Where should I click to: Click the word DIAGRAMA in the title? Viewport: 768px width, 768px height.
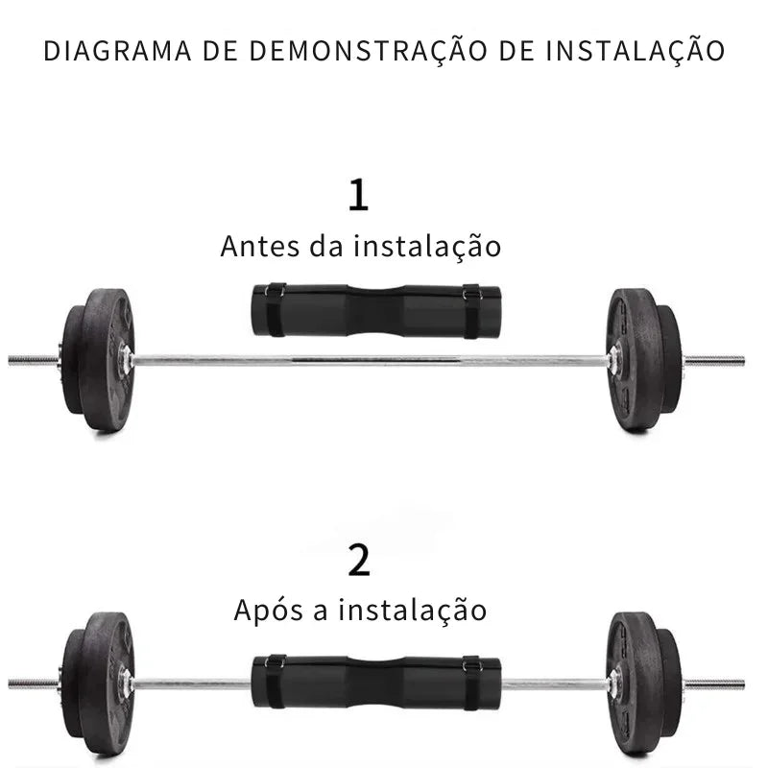117,51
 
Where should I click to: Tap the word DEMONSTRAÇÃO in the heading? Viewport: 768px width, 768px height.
369,51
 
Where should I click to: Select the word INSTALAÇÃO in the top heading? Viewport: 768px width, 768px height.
636,51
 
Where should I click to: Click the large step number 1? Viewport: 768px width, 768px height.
358,195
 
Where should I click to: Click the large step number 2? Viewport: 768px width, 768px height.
359,560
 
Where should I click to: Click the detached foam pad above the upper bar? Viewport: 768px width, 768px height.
376,311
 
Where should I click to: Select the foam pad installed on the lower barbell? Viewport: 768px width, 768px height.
376,683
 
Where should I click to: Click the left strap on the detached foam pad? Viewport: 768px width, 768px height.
276,309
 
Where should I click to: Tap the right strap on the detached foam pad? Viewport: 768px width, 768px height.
472,311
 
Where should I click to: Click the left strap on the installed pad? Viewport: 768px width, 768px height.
276,682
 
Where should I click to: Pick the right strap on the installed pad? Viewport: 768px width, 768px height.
472,683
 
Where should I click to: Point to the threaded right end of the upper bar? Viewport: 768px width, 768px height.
713,362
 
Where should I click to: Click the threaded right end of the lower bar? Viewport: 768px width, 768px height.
713,684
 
